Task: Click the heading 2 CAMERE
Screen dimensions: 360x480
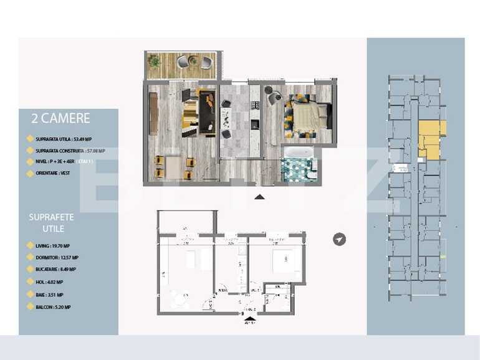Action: (60, 118)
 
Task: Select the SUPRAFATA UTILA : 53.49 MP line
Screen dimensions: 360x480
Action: (67, 140)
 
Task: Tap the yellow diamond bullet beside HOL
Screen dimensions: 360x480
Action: (31, 282)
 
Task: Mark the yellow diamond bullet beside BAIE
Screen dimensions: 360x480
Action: (31, 295)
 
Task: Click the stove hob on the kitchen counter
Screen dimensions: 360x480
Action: (254, 125)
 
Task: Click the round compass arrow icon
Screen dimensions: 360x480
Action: (339, 239)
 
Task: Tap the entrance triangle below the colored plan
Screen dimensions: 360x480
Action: (260, 197)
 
